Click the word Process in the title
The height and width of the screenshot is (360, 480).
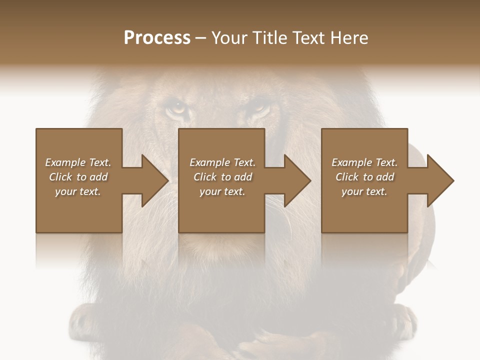click(x=157, y=38)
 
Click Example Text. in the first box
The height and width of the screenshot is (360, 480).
click(x=78, y=162)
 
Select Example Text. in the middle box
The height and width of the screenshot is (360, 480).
click(x=222, y=162)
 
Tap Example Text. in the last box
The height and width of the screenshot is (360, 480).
click(x=364, y=162)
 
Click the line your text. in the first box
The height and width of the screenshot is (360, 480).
click(x=78, y=191)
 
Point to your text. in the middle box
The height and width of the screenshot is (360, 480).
click(x=222, y=191)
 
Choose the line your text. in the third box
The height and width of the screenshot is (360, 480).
click(x=364, y=191)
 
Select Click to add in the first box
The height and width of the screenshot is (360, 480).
click(x=78, y=177)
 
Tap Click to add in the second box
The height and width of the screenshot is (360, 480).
click(x=222, y=177)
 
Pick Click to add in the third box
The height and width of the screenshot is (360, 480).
click(x=364, y=177)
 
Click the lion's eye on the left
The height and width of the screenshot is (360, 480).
click(x=176, y=106)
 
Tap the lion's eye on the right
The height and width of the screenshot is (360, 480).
click(x=259, y=106)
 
